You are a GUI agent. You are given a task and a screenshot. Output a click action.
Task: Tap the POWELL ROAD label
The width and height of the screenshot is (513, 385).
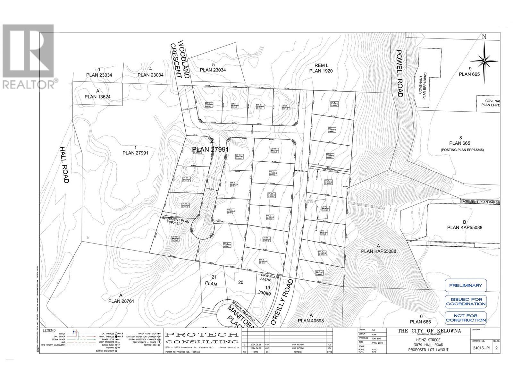click(x=399, y=73)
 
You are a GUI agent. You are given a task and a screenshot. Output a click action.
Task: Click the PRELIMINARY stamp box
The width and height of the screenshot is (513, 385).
click(x=465, y=285)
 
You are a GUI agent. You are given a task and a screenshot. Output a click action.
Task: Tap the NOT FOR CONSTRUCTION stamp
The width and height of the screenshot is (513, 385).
click(x=465, y=318)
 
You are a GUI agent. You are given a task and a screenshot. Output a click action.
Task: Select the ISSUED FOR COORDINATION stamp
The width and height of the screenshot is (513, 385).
click(x=465, y=301)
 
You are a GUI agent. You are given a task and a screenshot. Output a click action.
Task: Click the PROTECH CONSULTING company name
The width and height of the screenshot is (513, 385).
click(x=202, y=338)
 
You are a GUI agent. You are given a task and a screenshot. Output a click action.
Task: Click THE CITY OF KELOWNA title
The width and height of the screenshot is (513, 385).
click(x=429, y=331)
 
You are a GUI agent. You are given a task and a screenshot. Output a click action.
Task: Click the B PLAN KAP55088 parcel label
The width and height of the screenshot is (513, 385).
click(x=464, y=225)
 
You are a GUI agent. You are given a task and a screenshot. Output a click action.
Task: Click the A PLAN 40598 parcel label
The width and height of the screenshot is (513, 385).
click(x=311, y=318)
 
